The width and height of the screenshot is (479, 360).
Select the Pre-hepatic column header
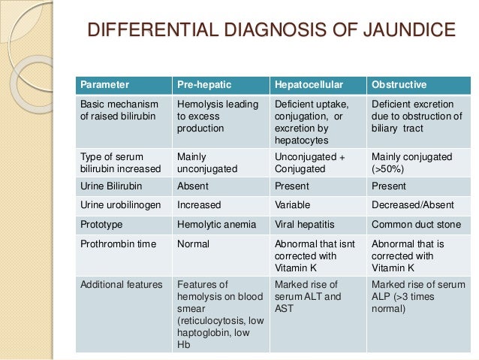(199, 84)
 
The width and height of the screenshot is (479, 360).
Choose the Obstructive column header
(399, 84)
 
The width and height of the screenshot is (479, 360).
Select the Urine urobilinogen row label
(119, 204)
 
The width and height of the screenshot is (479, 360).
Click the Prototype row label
(101, 224)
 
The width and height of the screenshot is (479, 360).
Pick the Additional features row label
(120, 284)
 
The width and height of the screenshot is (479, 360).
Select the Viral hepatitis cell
(303, 224)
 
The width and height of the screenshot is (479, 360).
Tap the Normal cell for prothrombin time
(193, 244)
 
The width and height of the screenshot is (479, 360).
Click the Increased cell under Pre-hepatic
(199, 204)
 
